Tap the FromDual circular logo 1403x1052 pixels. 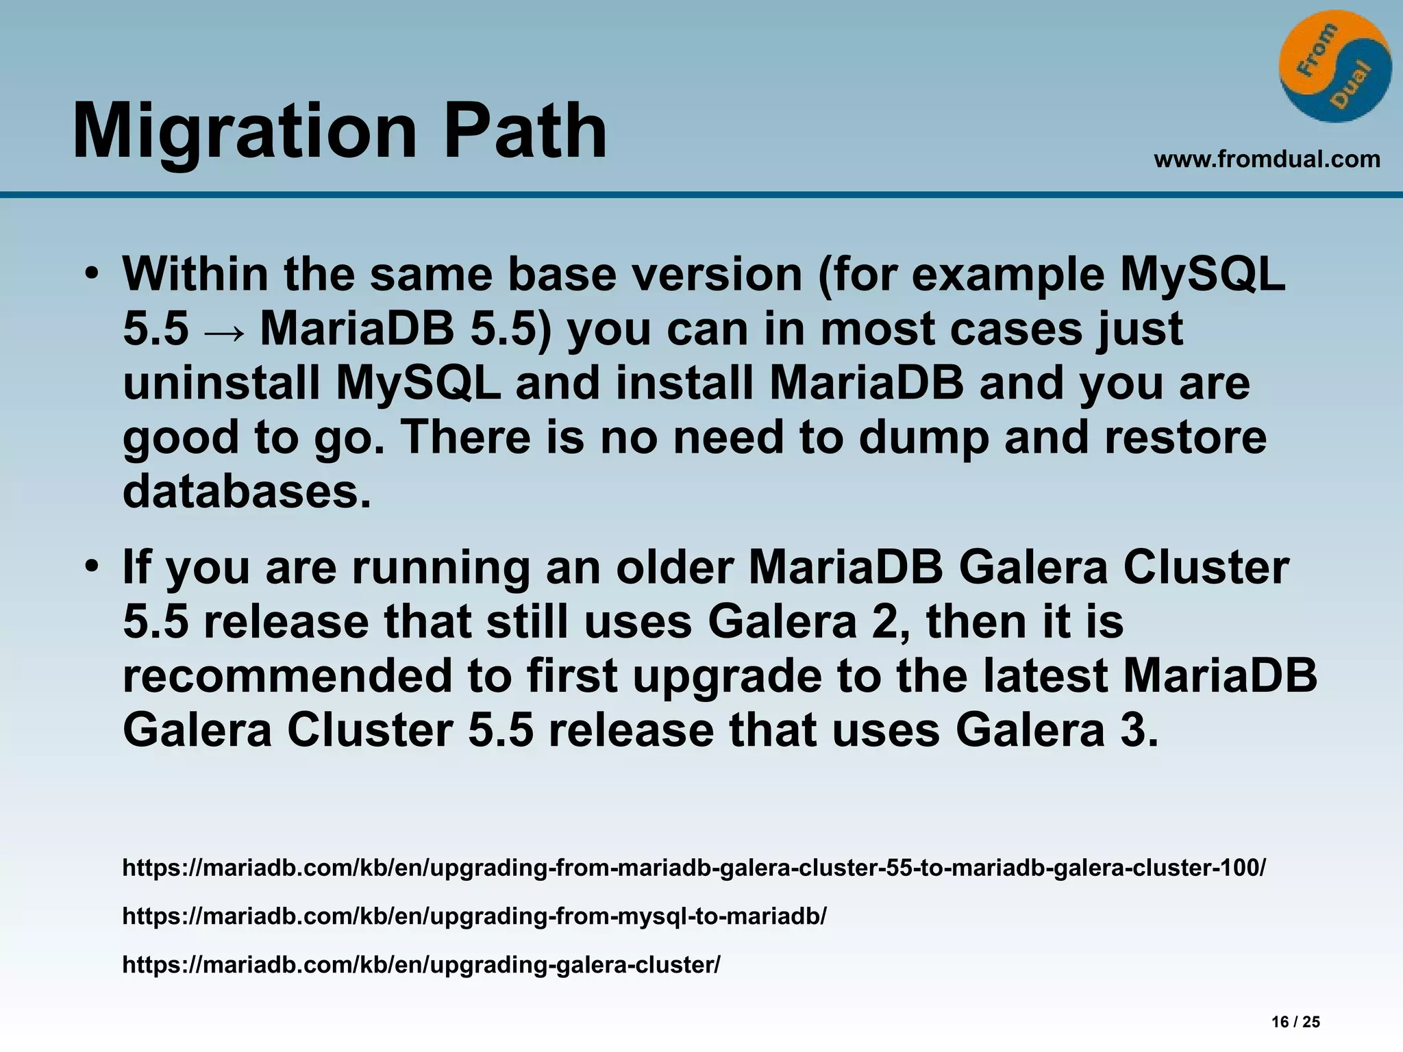[1334, 67]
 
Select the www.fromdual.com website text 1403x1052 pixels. [1267, 160]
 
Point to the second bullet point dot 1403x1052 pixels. [92, 568]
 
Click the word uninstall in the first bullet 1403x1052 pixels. [221, 384]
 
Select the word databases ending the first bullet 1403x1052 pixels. [247, 492]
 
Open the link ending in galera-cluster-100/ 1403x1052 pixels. [693, 868]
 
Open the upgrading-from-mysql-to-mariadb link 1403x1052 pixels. [474, 916]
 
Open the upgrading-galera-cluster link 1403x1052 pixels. [421, 964]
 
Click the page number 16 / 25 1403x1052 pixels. [1295, 1023]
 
